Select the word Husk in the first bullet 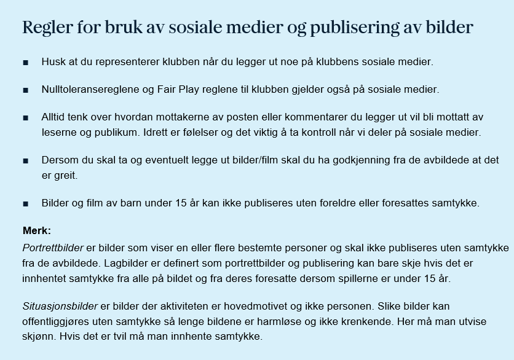click(x=52, y=62)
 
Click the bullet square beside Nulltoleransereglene click(x=26, y=90)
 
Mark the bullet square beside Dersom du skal click(x=26, y=161)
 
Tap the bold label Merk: click(x=37, y=231)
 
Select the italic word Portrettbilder click(x=53, y=248)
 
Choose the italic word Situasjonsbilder click(x=60, y=306)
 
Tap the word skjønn click(x=40, y=337)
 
